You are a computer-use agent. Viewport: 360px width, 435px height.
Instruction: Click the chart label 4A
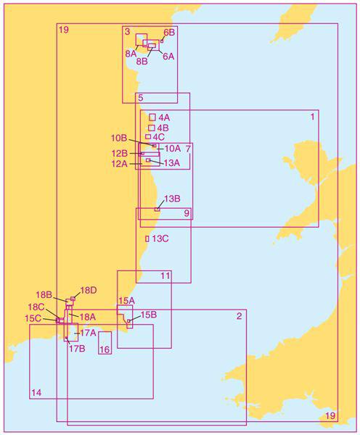(164, 117)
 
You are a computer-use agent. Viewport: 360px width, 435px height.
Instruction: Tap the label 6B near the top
(169, 33)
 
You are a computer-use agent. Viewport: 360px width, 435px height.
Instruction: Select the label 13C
(160, 239)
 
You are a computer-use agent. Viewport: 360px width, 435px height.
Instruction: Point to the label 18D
(89, 291)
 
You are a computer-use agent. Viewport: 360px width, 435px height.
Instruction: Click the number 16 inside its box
(105, 350)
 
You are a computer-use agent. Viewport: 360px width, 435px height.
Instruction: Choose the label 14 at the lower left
(36, 393)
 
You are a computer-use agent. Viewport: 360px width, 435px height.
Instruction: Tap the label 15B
(147, 315)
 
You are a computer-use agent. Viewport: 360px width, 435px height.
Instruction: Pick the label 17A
(88, 333)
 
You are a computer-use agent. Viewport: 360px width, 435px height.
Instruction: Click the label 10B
(119, 138)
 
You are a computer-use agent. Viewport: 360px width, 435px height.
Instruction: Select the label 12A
(120, 164)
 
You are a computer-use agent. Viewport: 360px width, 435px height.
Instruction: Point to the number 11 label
(165, 275)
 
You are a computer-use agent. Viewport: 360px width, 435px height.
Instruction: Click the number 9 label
(187, 213)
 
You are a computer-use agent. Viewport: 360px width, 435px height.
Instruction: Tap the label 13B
(172, 199)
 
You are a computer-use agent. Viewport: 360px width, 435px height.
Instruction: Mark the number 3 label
(127, 32)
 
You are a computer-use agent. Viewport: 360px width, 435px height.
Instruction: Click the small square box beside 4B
(152, 128)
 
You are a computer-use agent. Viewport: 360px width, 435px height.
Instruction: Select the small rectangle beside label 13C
(147, 239)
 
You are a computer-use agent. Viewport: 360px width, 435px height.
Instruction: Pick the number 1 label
(313, 116)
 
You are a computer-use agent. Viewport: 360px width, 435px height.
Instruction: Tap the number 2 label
(240, 316)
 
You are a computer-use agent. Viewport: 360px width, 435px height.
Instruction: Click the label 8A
(131, 54)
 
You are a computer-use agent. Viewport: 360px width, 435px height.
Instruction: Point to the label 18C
(37, 307)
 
